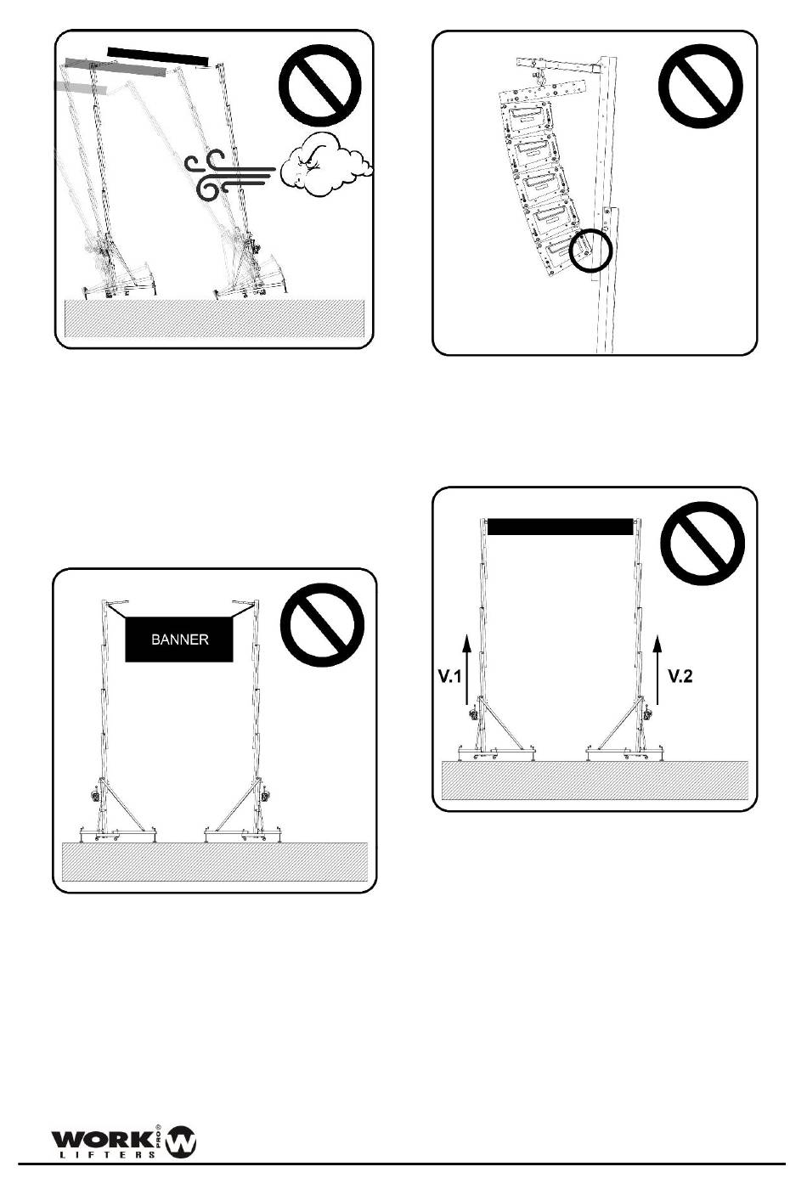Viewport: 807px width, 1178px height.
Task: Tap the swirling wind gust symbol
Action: click(230, 175)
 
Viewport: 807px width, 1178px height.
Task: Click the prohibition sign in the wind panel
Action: click(320, 86)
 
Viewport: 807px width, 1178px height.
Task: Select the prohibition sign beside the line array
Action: click(700, 86)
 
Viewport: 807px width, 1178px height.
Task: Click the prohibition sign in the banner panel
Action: click(323, 625)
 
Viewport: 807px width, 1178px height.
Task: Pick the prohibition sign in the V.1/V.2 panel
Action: click(703, 544)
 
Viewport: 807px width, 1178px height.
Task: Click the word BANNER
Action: click(180, 640)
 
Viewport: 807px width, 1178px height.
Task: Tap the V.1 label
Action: click(449, 676)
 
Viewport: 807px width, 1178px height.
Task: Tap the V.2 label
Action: click(680, 676)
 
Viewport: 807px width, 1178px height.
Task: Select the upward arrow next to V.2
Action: click(657, 669)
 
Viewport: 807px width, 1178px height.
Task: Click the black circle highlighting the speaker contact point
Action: click(591, 250)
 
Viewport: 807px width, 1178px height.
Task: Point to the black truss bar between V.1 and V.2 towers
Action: click(561, 527)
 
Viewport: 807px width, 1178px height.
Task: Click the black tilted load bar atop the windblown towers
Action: click(158, 57)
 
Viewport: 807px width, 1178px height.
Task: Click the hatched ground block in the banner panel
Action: click(215, 862)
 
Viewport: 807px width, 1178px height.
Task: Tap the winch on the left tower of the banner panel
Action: click(96, 796)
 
